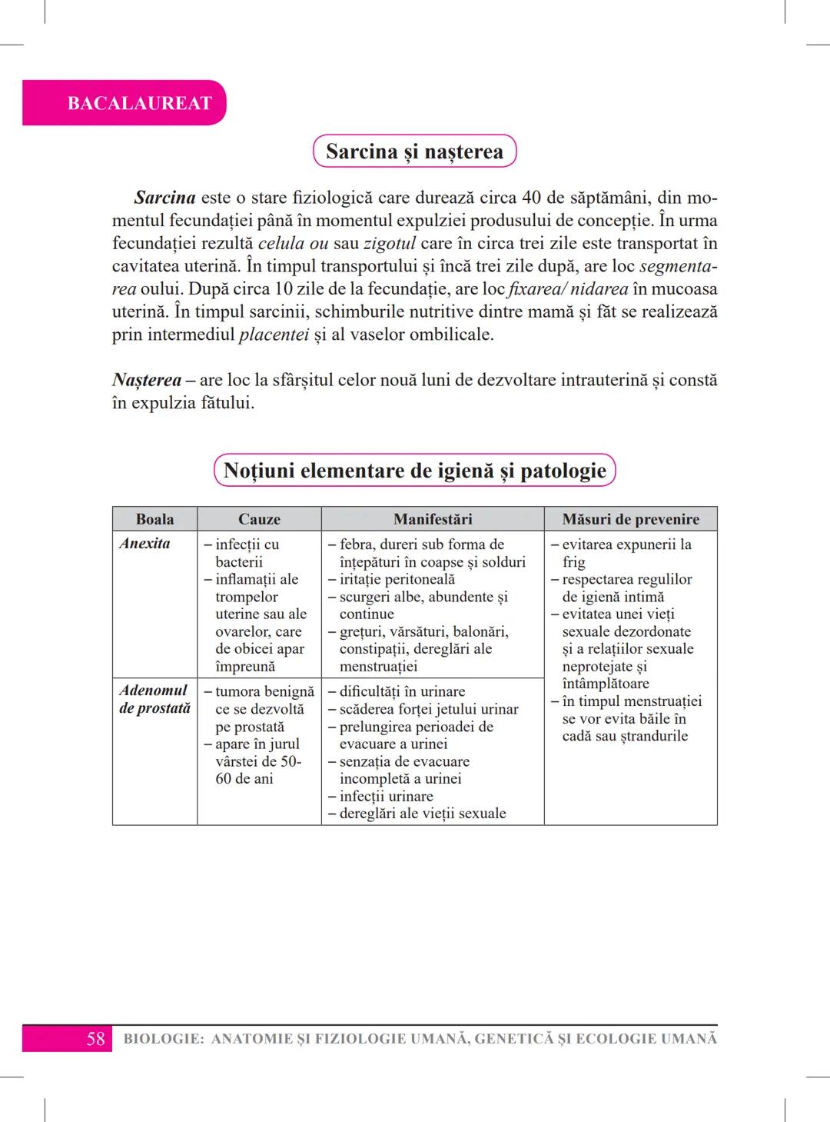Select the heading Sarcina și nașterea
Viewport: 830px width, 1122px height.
tap(414, 151)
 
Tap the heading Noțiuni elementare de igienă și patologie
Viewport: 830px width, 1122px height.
tap(414, 471)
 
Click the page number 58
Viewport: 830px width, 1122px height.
tap(95, 1039)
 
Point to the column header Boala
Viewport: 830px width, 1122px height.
tap(154, 519)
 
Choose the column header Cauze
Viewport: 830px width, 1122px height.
tap(259, 519)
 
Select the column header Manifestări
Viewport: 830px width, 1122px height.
tap(433, 519)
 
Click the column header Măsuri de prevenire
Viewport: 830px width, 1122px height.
tap(630, 519)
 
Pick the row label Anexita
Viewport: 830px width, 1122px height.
tap(144, 544)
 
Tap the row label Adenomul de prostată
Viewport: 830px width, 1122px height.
tap(154, 699)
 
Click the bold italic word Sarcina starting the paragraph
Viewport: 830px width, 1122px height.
tap(164, 198)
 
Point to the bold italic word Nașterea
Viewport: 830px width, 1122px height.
tap(147, 380)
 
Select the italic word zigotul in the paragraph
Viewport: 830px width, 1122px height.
tap(390, 244)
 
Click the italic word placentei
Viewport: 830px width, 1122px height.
tap(274, 335)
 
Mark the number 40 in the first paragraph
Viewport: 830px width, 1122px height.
tap(532, 198)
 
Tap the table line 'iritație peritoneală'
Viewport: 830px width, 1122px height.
tap(397, 579)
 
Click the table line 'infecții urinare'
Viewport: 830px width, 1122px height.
tap(386, 796)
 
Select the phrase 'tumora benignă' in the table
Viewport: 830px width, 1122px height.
tap(264, 691)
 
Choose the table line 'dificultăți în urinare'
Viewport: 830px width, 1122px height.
tap(402, 691)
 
